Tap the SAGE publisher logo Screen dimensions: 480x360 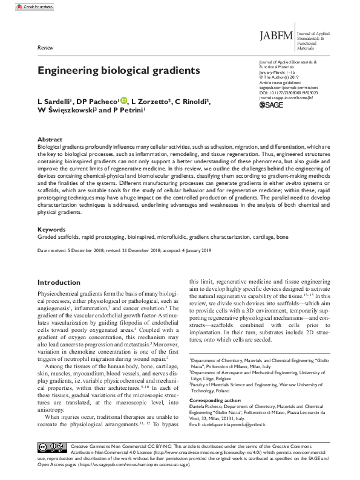[271, 105]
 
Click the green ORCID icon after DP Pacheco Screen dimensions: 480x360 [124, 100]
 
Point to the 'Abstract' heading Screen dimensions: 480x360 [50, 139]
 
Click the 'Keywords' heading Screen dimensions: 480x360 [52, 230]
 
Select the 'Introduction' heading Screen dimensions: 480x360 [63, 282]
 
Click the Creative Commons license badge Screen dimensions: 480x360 [51, 446]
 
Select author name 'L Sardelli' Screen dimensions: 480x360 [58, 101]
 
